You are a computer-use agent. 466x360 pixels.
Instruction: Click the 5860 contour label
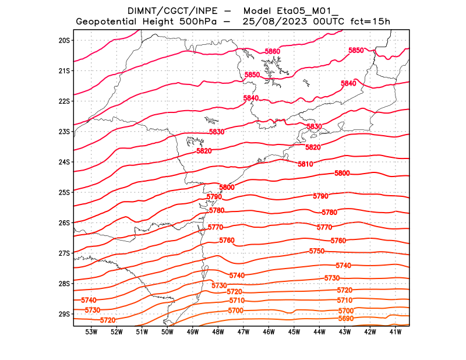(x=273, y=52)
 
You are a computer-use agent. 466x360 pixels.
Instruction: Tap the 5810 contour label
(x=305, y=164)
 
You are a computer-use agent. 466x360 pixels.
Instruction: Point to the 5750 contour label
(x=317, y=251)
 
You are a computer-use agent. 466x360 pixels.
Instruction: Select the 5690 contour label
(x=345, y=319)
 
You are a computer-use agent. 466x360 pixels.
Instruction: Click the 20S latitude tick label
(x=64, y=40)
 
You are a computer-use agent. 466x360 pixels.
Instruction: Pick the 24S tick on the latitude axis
(x=64, y=162)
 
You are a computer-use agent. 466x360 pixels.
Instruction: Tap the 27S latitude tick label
(x=64, y=253)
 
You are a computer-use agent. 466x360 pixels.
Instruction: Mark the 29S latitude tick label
(x=64, y=314)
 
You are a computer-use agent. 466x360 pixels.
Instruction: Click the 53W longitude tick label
(x=91, y=332)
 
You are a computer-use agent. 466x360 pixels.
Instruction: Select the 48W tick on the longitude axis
(x=218, y=332)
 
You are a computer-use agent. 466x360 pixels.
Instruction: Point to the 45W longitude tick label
(x=294, y=332)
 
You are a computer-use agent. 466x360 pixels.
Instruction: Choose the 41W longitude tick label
(x=396, y=332)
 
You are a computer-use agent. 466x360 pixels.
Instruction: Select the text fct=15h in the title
(x=370, y=22)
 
